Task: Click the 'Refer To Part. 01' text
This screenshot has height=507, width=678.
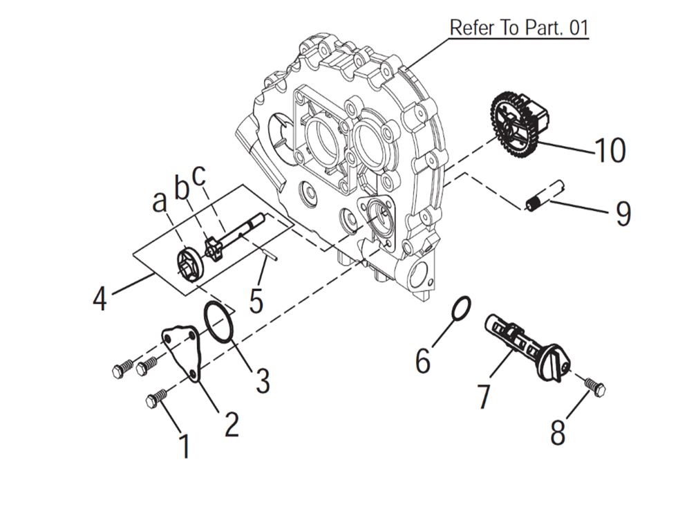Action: (x=519, y=28)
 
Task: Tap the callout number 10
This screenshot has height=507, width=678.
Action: (x=610, y=149)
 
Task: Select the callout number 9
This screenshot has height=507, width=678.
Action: (x=623, y=214)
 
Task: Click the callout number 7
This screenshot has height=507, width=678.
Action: (x=483, y=396)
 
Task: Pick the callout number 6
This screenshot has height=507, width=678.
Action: (x=423, y=360)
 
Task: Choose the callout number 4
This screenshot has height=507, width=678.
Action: (x=100, y=299)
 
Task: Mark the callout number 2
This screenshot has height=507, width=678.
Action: (x=231, y=423)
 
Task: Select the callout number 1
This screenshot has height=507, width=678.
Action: (x=185, y=446)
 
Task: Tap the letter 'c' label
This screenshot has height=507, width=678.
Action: (x=199, y=176)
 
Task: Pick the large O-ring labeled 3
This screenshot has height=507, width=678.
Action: (x=220, y=323)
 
